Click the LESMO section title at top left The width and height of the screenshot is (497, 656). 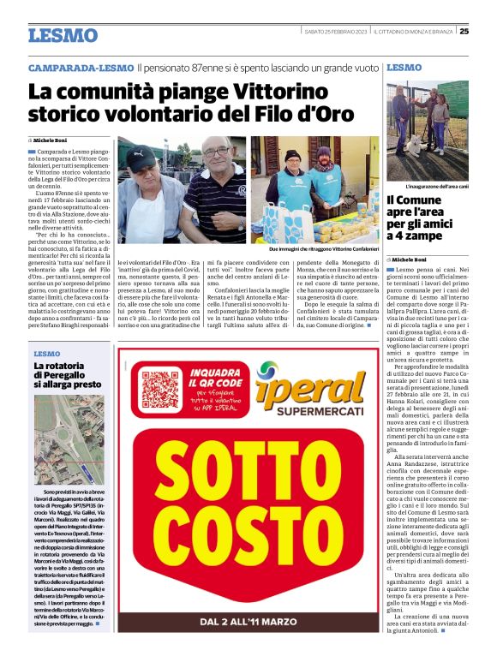click(63, 35)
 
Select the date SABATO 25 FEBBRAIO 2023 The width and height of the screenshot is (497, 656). click(336, 32)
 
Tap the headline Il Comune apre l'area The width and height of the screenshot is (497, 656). click(426, 219)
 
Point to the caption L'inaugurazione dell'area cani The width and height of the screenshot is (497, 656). click(436, 186)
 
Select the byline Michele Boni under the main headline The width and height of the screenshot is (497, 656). click(51, 139)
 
